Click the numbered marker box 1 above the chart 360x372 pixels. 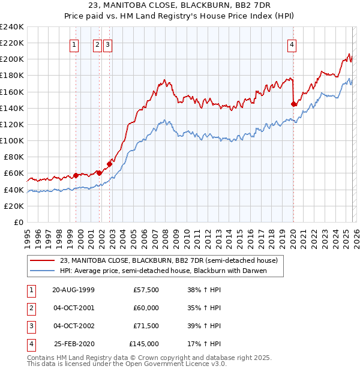coord(74,44)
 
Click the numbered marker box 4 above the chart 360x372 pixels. coord(292,44)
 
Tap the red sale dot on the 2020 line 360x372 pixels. coord(293,104)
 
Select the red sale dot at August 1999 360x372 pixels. coord(76,175)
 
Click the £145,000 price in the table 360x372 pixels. coord(144,344)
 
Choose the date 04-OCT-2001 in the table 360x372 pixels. coord(73,308)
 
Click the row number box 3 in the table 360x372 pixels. coord(31,326)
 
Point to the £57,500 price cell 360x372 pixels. coord(146,290)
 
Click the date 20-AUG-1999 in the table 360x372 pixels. coord(73,290)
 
